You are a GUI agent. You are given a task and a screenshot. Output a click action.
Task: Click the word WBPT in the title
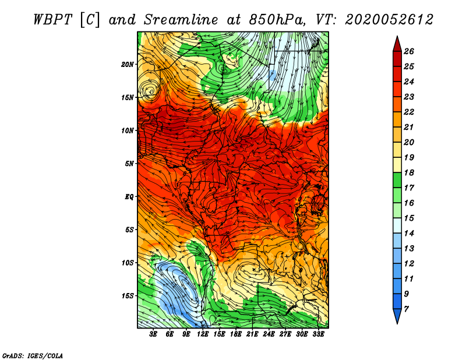pyautogui.click(x=53, y=20)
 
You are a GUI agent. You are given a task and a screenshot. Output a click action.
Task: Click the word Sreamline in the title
pyautogui.click(x=181, y=20)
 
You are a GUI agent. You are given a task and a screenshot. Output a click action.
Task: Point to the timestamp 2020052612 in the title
pyautogui.click(x=389, y=20)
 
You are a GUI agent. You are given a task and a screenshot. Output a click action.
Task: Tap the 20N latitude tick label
pyautogui.click(x=128, y=65)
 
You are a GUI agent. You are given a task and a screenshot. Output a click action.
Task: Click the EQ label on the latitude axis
pyautogui.click(x=129, y=197)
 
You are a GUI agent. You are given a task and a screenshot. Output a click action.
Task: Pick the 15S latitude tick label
pyautogui.click(x=128, y=296)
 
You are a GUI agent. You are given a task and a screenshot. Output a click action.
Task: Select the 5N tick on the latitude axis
pyautogui.click(x=129, y=164)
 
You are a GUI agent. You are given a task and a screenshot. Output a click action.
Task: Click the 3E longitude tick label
pyautogui.click(x=153, y=334)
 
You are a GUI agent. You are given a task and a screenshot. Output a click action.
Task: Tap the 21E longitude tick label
pyautogui.click(x=252, y=334)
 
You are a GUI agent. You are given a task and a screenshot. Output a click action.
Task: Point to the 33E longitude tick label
pyautogui.click(x=318, y=334)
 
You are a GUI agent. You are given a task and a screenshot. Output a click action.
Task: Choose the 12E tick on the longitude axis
pyautogui.click(x=202, y=334)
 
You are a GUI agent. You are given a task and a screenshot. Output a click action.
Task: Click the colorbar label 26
pyautogui.click(x=409, y=51)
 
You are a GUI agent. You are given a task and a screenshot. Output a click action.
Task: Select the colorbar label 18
pyautogui.click(x=409, y=172)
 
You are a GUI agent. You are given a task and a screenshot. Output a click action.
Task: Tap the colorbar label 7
pyautogui.click(x=407, y=309)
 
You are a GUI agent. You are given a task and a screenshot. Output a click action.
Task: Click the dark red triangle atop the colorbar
pyautogui.click(x=397, y=45)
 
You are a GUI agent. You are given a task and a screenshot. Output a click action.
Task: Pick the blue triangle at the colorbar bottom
pyautogui.click(x=397, y=315)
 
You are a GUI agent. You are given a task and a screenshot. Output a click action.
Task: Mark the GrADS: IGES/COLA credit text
pyautogui.click(x=33, y=356)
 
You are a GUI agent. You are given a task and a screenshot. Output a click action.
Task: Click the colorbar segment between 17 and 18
pyautogui.click(x=397, y=180)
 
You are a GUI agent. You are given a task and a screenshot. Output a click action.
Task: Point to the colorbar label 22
pyautogui.click(x=409, y=112)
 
